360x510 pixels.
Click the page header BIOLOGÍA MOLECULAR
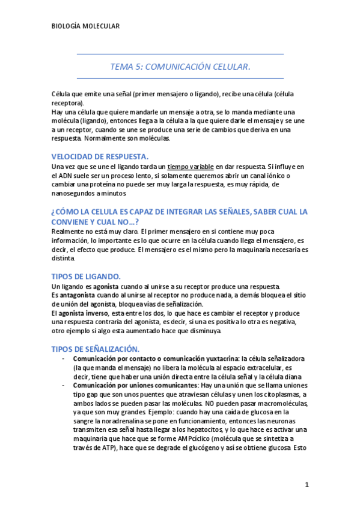pyautogui.click(x=86, y=26)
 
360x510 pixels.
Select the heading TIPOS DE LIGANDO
pyautogui.click(x=87, y=276)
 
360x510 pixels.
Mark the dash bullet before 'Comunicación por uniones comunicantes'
pyautogui.click(x=64, y=385)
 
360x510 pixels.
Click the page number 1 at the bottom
pyautogui.click(x=307, y=485)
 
